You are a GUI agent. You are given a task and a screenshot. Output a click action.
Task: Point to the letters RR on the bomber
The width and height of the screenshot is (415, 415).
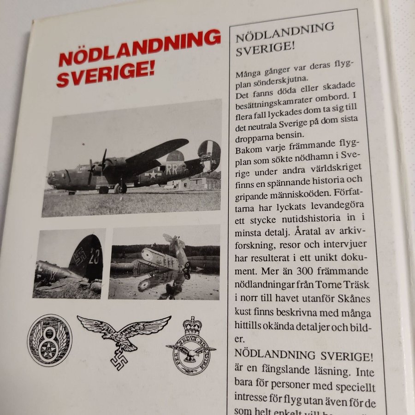pyautogui.click(x=172, y=169)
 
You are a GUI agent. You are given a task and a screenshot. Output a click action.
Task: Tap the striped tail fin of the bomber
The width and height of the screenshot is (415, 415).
pyautogui.click(x=210, y=154)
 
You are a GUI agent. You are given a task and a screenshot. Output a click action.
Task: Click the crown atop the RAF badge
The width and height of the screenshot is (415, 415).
pyautogui.click(x=193, y=326)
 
